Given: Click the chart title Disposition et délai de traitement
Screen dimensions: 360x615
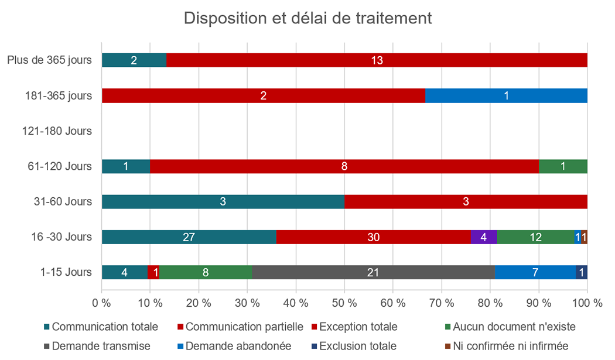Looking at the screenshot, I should [307, 18].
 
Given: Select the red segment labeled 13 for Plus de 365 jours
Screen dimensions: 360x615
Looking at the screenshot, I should [377, 60].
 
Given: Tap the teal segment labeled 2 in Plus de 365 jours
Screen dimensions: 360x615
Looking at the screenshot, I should [134, 60].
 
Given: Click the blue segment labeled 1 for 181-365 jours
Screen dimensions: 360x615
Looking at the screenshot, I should [506, 95].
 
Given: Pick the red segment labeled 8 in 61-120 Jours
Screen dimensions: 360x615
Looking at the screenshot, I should [344, 166].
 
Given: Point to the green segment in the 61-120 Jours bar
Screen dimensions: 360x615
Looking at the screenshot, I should [563, 166].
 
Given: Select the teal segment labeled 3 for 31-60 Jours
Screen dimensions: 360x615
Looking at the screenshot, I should [223, 201].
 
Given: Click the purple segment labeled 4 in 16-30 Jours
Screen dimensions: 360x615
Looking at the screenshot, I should [484, 236].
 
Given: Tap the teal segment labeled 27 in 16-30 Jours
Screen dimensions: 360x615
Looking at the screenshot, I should [189, 236].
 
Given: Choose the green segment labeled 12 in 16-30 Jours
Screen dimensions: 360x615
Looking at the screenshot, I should [536, 236].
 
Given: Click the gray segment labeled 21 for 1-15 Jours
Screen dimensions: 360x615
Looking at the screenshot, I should [374, 272].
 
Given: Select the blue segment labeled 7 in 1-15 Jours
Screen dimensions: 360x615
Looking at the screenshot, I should [535, 272].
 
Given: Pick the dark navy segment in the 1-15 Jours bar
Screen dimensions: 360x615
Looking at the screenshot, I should [581, 272].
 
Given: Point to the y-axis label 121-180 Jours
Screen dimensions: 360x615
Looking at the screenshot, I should [57, 131].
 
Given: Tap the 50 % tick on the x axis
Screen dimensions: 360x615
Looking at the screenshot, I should [344, 303].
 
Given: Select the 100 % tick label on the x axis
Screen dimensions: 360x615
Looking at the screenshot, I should [587, 303].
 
